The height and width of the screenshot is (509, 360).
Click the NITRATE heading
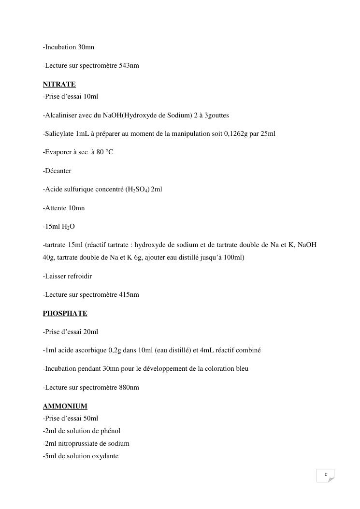pyautogui.click(x=59, y=84)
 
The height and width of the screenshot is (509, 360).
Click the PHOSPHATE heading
pyautogui.click(x=65, y=313)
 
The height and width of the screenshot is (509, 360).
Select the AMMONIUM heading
pyautogui.click(x=65, y=406)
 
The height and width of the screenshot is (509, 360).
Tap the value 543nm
pyautogui.click(x=129, y=65)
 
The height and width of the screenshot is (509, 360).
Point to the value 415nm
pyautogui.click(x=129, y=294)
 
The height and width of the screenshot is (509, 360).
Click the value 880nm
pyautogui.click(x=129, y=387)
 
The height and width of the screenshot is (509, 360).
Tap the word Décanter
pyautogui.click(x=58, y=171)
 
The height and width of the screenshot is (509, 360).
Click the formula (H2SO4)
pyautogui.click(x=137, y=189)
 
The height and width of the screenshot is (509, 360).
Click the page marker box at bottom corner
pyautogui.click(x=326, y=475)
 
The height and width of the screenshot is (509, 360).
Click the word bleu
pyautogui.click(x=241, y=368)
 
